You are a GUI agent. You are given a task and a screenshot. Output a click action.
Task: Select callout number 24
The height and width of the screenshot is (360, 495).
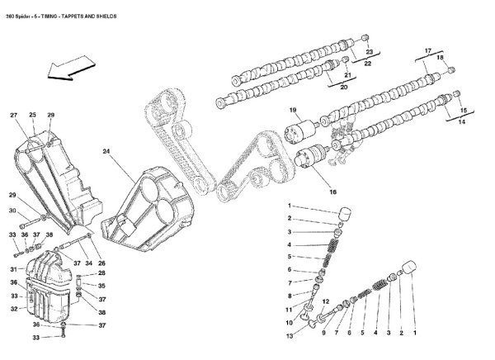point(106,152)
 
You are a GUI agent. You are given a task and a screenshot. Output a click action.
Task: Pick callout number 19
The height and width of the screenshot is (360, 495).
point(292,111)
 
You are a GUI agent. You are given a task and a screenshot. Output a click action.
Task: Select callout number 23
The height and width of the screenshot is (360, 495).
point(369,51)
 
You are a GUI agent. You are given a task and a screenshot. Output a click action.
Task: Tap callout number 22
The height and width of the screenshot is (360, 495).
point(369,64)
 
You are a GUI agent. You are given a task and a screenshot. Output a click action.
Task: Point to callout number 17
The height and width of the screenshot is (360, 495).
point(428,51)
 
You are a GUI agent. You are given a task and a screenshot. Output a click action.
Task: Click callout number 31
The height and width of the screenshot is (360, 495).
point(13,269)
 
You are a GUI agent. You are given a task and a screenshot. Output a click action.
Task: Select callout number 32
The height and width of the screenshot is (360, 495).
point(13,309)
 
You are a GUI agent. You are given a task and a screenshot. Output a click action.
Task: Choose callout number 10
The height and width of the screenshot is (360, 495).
point(289,321)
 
